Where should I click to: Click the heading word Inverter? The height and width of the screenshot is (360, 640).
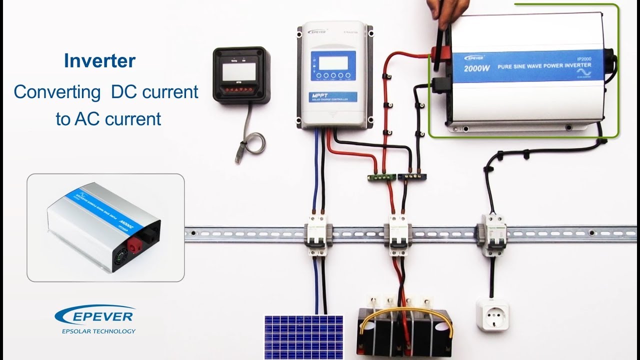pos(99,61)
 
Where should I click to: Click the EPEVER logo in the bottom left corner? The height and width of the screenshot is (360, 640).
pos(95,315)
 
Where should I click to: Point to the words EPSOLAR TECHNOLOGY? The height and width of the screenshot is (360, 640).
pos(98,331)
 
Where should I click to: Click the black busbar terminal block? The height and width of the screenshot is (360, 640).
pos(409,176)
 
